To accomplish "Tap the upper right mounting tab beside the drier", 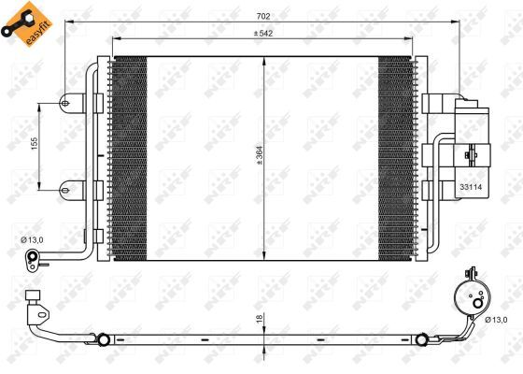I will (434, 103).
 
